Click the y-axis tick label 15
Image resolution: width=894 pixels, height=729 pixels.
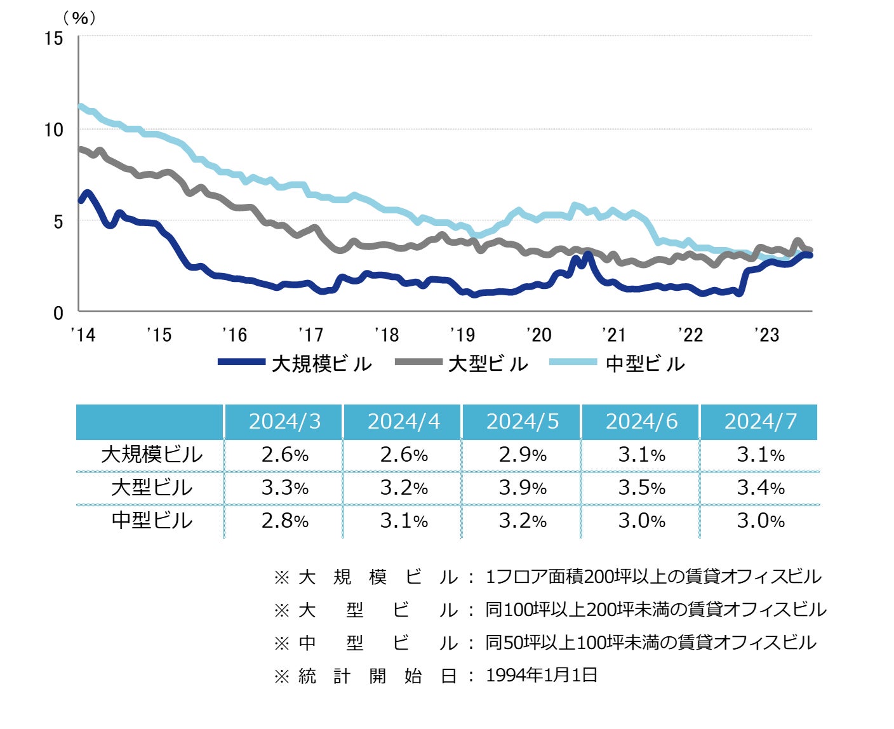point(54,39)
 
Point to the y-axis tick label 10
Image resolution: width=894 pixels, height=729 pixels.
point(54,130)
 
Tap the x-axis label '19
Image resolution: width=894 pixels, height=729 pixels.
point(462,335)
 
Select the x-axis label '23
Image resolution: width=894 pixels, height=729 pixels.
point(766,335)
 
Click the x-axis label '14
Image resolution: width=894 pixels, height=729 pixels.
point(83,335)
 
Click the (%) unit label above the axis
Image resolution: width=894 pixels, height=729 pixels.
point(80,18)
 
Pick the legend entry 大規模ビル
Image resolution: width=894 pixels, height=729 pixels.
point(295,364)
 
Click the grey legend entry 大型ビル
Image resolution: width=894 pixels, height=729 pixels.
point(462,364)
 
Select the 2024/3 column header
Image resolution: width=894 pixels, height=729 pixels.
point(284,422)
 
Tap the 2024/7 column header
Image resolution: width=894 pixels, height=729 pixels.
point(760,422)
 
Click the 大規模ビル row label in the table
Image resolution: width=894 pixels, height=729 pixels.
point(151,455)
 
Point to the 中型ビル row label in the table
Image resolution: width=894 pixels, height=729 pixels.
point(151,521)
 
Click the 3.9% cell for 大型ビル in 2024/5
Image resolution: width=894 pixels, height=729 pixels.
point(523,488)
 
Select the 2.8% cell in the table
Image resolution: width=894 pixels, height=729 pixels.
point(284,521)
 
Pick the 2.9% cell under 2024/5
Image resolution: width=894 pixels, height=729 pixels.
point(523,455)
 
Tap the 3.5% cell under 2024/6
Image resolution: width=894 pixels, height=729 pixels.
point(641,488)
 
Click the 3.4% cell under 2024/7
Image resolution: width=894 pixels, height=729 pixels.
point(760,488)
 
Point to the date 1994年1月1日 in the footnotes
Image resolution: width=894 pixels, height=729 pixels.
point(542,675)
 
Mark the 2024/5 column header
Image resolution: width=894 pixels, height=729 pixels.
point(523,422)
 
